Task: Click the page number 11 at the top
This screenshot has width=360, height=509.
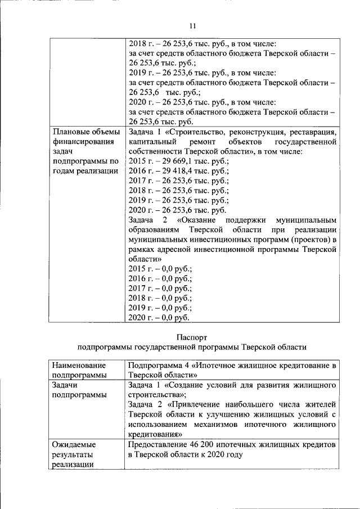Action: pos(192,25)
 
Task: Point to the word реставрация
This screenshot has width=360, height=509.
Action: pos(313,132)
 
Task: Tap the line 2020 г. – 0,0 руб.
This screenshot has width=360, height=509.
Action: pos(159,318)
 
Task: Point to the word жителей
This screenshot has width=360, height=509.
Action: pos(321,405)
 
